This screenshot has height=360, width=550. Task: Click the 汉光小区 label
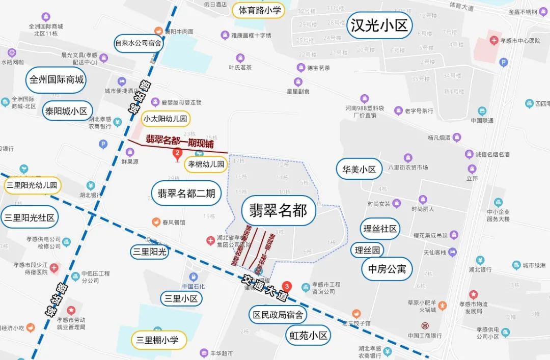379,25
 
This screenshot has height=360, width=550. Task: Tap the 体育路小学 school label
259,10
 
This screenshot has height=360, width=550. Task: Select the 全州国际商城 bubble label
56,80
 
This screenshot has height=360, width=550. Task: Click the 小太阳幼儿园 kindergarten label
166,119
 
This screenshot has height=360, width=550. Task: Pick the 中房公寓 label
387,269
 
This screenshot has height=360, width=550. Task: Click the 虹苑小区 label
308,336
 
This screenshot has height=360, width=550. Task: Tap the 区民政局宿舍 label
278,315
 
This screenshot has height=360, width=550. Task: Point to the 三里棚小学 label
158,340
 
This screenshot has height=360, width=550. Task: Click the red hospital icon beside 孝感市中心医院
493,40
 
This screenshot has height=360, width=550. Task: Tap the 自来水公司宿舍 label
138,43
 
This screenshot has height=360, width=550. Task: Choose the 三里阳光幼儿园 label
32,185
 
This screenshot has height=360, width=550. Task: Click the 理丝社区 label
379,229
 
